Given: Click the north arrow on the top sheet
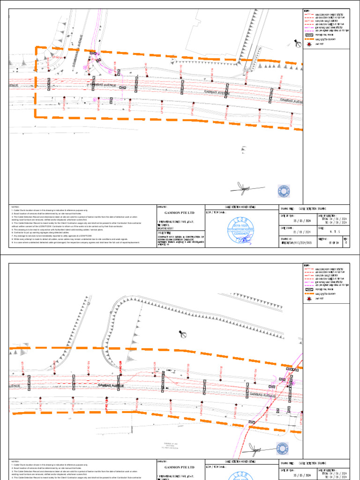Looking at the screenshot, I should point(297,44).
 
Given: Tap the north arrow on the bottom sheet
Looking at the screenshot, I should point(183,334).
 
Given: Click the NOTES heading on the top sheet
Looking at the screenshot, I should point(15,207).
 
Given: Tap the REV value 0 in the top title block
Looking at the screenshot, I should point(346,243).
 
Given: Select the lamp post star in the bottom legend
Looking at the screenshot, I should point(309,299).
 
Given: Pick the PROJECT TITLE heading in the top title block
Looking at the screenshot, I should point(165,232).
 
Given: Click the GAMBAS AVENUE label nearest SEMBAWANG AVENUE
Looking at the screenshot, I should point(103,85).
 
